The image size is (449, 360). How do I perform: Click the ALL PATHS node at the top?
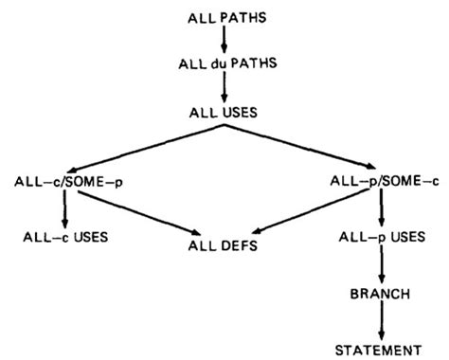point(225,17)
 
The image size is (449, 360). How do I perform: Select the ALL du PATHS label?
point(225,65)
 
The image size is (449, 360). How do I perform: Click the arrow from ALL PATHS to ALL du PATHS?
point(225,41)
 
